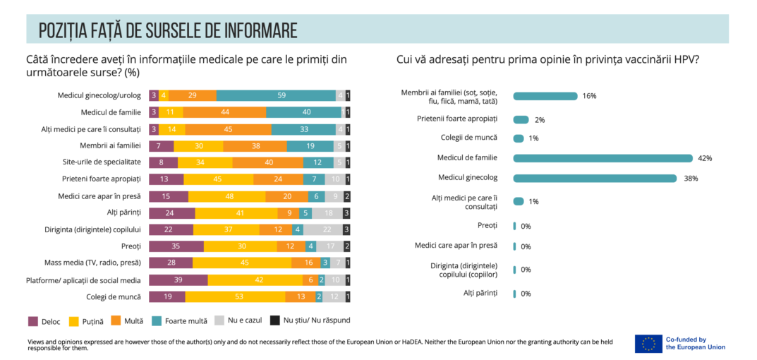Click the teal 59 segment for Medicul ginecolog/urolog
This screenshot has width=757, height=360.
point(276,95)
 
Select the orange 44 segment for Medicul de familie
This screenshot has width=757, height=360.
point(225,112)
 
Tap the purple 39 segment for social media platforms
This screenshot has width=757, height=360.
point(178,280)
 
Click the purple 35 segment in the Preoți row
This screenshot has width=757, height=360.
point(176,246)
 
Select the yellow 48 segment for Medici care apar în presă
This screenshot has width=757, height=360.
point(226,196)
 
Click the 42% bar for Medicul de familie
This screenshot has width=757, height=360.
point(602,158)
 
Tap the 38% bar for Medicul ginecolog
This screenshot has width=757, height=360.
point(595,179)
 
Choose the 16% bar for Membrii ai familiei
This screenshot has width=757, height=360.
point(545,96)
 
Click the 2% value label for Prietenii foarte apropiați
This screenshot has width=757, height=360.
point(540,120)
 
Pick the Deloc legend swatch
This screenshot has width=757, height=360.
point(32,320)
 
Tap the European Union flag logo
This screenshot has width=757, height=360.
point(648,344)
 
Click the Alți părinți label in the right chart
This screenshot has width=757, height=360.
point(480,292)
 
